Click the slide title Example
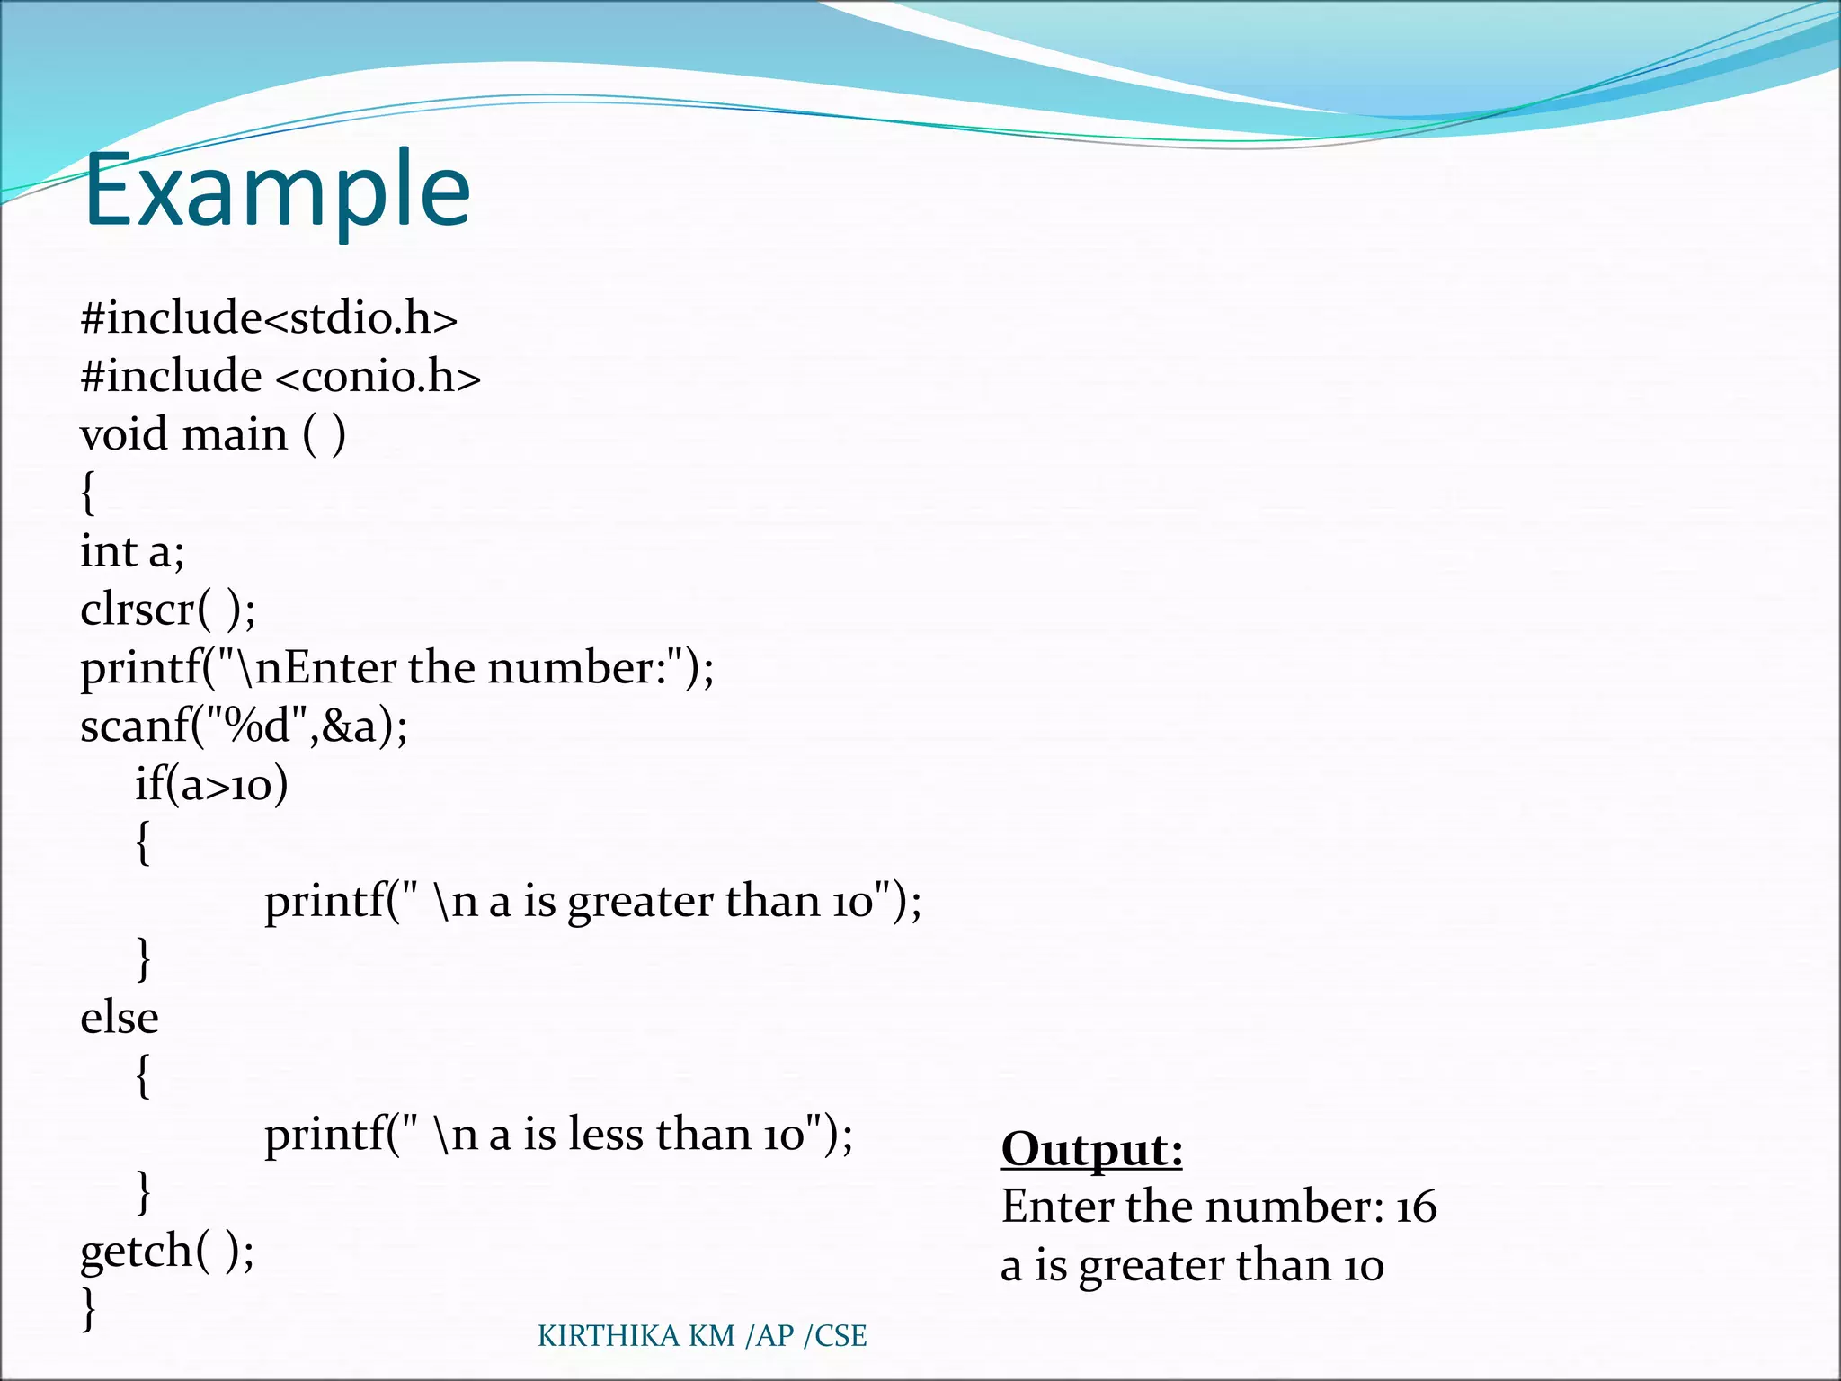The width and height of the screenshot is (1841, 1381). [277, 191]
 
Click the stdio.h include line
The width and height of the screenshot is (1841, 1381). [269, 318]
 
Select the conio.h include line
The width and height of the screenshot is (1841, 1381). [280, 376]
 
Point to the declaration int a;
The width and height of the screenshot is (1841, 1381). [132, 551]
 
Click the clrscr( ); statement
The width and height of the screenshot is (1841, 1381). [168, 610]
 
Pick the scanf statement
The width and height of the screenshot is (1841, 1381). [244, 726]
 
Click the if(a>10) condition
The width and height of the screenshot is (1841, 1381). [211, 784]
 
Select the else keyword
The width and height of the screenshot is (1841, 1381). [120, 1018]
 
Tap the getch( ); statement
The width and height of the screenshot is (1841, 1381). [167, 1251]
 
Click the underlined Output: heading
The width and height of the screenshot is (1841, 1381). [1091, 1149]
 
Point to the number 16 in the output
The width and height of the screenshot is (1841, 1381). [1416, 1207]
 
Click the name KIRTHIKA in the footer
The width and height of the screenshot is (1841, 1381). [609, 1336]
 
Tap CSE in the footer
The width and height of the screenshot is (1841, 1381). [840, 1336]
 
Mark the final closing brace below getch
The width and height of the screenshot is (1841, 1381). [88, 1308]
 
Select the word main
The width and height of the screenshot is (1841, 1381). [235, 434]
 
